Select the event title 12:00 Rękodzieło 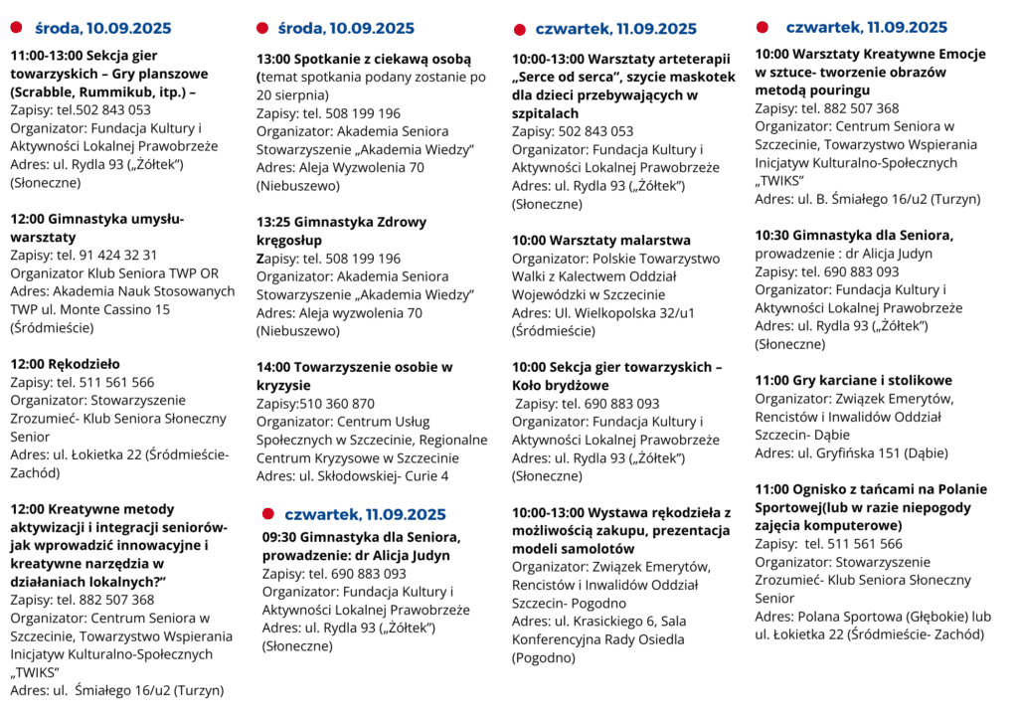tap(66, 364)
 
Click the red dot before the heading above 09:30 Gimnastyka tap(267, 513)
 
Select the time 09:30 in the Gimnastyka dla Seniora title tap(281, 537)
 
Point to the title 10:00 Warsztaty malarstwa tap(600, 241)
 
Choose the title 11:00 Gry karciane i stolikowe tap(853, 381)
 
